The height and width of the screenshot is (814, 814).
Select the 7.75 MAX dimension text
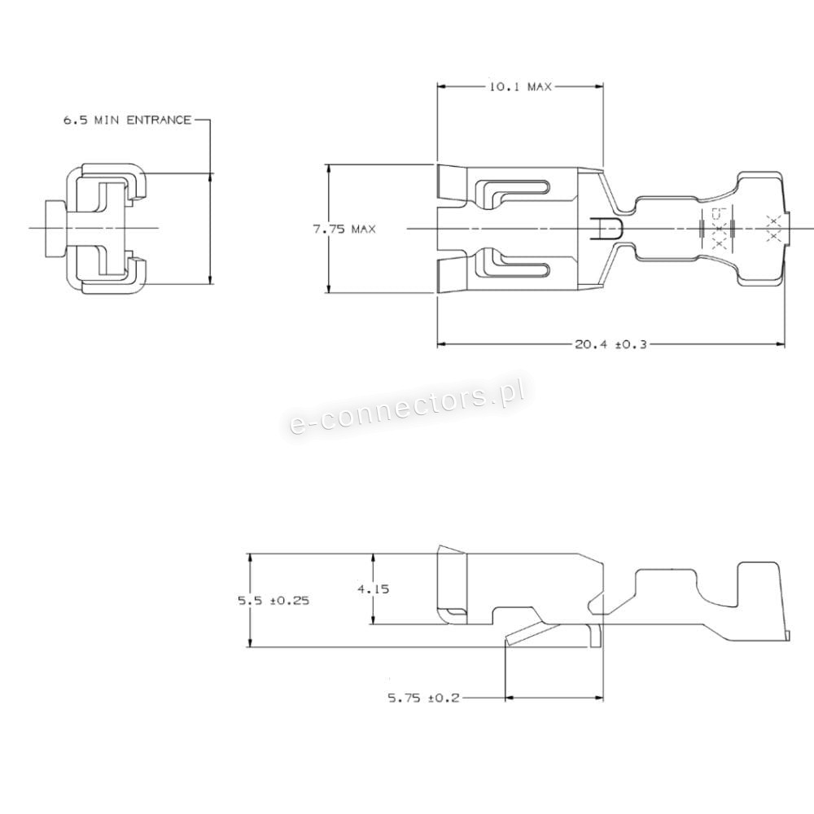coord(344,229)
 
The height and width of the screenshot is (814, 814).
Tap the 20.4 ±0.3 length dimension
coord(610,344)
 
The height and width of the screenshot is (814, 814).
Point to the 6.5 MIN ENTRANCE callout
coord(127,120)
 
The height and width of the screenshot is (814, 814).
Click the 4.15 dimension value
coord(374,589)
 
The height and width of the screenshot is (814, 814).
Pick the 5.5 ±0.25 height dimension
coord(274,601)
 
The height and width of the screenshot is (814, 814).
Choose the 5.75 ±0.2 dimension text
coord(424,698)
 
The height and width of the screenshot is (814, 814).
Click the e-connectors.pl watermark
coord(406,408)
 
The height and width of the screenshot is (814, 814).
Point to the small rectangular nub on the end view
coord(56,229)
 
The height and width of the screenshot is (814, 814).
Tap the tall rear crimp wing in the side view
coord(759,602)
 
